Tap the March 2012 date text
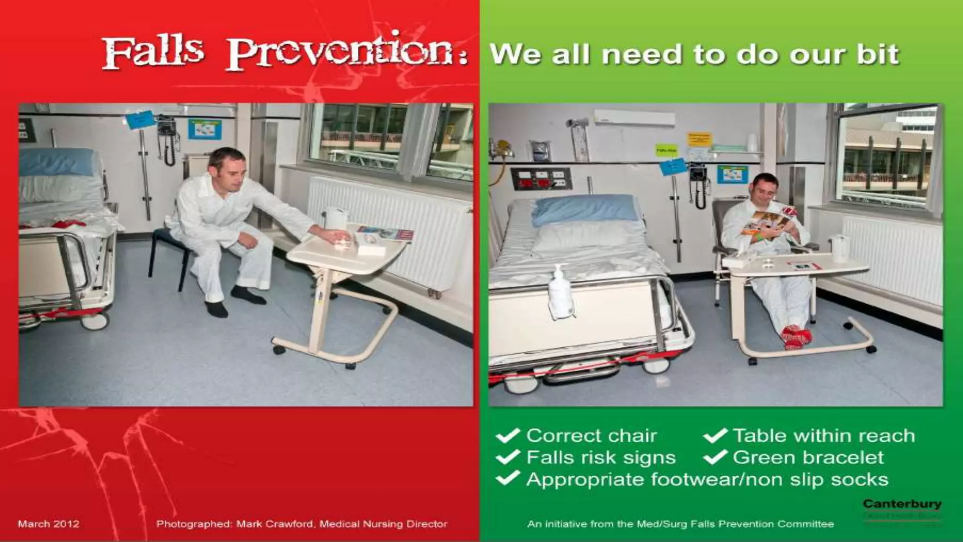point(48,524)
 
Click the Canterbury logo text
point(902,504)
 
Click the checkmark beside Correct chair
point(507,436)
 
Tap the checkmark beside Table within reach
point(715,436)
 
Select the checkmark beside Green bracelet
point(715,457)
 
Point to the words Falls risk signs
point(600,457)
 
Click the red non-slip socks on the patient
point(796,336)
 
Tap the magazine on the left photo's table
point(384,233)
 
